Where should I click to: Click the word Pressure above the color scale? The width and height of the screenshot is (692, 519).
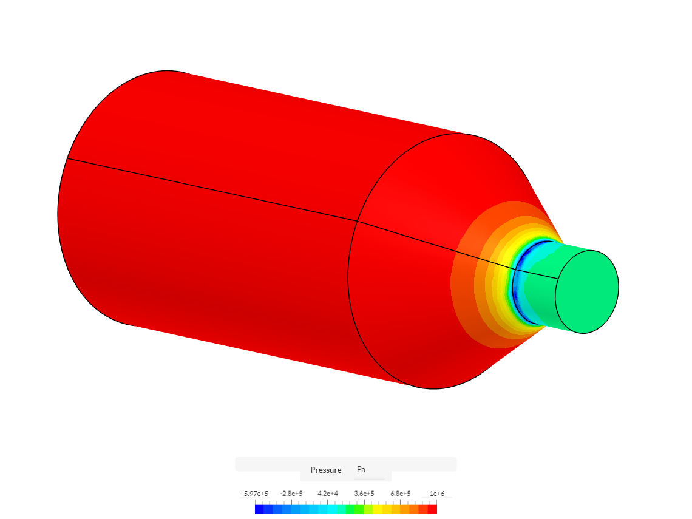pyautogui.click(x=326, y=470)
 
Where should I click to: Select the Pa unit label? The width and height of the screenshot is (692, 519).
pyautogui.click(x=361, y=469)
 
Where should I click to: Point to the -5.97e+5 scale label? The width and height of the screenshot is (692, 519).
pyautogui.click(x=255, y=494)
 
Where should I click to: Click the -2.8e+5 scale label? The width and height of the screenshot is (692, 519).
pyautogui.click(x=291, y=494)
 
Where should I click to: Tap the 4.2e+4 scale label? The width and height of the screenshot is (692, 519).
pyautogui.click(x=327, y=494)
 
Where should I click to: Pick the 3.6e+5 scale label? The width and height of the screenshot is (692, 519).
pyautogui.click(x=364, y=494)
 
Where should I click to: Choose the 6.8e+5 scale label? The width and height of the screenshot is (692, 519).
pyautogui.click(x=400, y=494)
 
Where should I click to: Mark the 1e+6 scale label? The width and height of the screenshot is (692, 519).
pyautogui.click(x=437, y=494)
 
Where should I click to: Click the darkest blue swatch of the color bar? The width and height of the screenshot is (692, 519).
pyautogui.click(x=260, y=510)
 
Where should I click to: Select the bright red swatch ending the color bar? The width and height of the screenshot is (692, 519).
pyautogui.click(x=432, y=510)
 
